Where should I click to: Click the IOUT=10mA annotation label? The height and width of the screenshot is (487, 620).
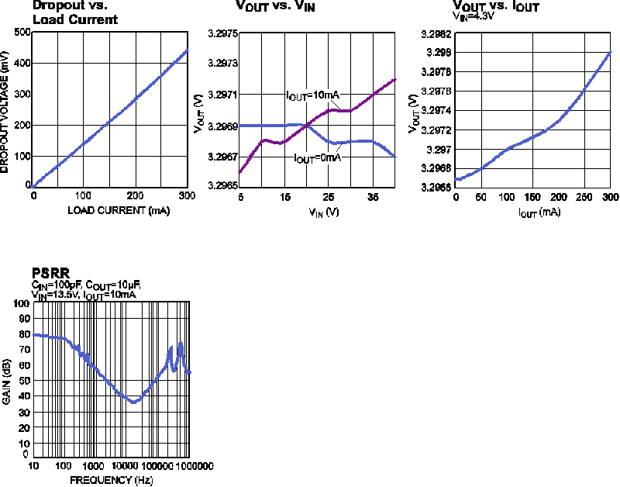click(313, 95)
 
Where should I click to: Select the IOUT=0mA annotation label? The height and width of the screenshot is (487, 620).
click(318, 158)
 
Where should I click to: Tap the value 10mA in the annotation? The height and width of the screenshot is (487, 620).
click(326, 95)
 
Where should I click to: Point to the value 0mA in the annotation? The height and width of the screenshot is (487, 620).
click(329, 158)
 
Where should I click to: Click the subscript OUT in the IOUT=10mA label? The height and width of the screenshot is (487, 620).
click(298, 98)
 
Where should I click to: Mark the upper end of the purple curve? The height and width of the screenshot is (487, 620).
click(396, 78)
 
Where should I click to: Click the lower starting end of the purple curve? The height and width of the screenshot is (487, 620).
click(239, 172)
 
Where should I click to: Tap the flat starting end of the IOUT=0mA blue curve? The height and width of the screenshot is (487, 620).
click(240, 125)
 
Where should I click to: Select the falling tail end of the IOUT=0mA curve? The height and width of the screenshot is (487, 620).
click(396, 157)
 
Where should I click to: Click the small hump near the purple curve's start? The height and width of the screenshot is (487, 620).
click(265, 140)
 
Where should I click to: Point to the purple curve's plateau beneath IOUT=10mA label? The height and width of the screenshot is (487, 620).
click(341, 111)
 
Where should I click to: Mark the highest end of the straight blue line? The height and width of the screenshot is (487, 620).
click(188, 50)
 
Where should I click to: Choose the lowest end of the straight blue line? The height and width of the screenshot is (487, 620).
click(32, 187)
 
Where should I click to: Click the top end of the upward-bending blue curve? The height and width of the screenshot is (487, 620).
click(611, 51)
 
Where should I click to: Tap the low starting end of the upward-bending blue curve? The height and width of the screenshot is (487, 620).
click(455, 179)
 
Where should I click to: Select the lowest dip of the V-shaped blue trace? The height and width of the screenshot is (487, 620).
click(135, 402)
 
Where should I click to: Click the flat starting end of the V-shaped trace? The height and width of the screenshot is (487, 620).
click(33, 334)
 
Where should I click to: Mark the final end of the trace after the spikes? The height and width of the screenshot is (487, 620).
click(190, 373)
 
